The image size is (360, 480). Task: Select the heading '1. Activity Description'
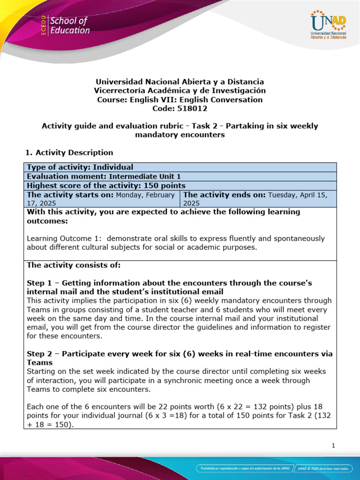(x=68, y=152)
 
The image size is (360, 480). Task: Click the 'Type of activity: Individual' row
(x=80, y=167)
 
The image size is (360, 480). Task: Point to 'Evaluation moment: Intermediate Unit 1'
(x=104, y=177)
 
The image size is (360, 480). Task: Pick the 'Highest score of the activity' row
(x=106, y=186)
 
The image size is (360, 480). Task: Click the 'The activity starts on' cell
(x=101, y=199)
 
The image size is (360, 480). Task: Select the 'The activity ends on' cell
(x=257, y=199)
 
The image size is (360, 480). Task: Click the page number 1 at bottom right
(x=333, y=446)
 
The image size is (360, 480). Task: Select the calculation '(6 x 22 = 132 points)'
(x=267, y=406)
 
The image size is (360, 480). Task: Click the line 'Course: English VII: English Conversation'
(x=180, y=99)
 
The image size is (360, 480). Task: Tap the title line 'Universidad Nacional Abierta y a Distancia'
(x=180, y=82)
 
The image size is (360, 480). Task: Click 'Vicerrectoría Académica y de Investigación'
(x=180, y=90)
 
